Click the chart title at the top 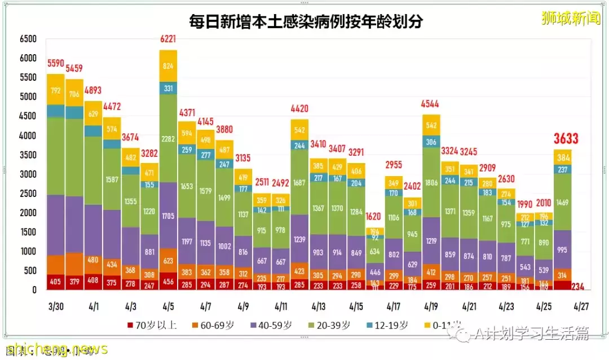point(306,21)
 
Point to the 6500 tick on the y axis point(28,39)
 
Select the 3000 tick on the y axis point(28,174)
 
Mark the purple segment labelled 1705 point(168,215)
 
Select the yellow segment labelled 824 point(168,66)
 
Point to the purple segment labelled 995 point(563,249)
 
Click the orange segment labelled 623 point(168,261)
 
